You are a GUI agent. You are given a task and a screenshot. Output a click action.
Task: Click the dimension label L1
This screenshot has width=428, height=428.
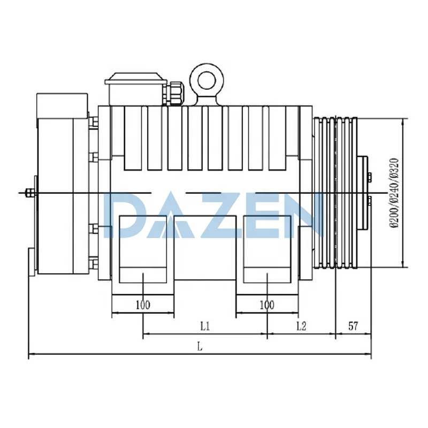[x=205, y=325]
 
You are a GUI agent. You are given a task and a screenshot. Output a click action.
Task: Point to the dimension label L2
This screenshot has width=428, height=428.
[x=301, y=325]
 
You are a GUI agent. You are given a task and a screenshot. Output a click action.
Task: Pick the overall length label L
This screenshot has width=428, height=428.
[x=199, y=346]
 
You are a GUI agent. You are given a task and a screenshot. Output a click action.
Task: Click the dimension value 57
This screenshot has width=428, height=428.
[x=353, y=325]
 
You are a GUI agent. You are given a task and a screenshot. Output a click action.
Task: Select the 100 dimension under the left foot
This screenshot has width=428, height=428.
[x=142, y=305]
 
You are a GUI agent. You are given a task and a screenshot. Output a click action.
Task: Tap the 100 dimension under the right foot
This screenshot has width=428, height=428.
[x=266, y=305]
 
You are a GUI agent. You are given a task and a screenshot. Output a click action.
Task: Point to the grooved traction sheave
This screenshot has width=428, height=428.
[x=335, y=193]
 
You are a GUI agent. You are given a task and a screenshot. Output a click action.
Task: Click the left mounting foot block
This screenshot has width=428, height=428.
[x=143, y=249]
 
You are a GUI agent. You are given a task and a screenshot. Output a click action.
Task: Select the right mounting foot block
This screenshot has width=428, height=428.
[x=267, y=249]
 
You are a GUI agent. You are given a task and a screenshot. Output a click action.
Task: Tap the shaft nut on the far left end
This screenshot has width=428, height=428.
[x=28, y=192]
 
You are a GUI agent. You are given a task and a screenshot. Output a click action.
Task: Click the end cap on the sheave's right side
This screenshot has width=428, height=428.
[x=363, y=193]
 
